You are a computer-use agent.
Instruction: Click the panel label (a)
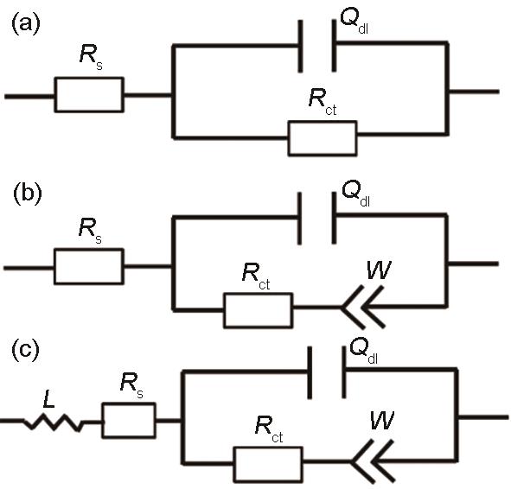point(26,24)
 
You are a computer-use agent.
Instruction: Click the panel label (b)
point(28,194)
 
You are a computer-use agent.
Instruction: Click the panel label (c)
point(25,350)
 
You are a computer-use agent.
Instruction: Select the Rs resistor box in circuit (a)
point(89,77)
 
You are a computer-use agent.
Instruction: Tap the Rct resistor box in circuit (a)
point(323,122)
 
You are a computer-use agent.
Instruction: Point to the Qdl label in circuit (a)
point(355,21)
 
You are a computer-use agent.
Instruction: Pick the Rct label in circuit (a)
point(323,102)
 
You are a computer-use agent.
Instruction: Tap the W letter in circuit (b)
point(379,270)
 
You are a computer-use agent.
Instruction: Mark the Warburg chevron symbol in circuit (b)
point(362,307)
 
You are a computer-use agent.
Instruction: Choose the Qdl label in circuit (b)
point(356,194)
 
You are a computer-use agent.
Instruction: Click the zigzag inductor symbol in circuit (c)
point(53,422)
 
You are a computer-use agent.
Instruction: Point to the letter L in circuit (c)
point(48,399)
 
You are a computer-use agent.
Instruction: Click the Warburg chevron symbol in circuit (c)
point(373,461)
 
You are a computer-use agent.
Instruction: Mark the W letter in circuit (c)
point(382,421)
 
